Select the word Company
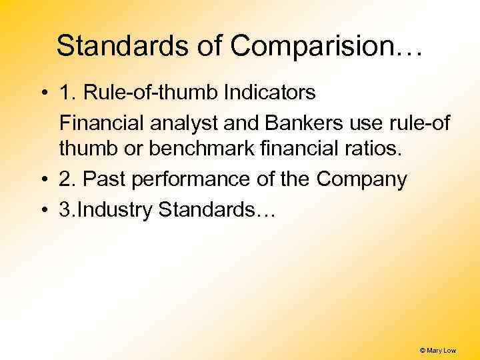point(361,180)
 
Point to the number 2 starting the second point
point(65,180)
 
